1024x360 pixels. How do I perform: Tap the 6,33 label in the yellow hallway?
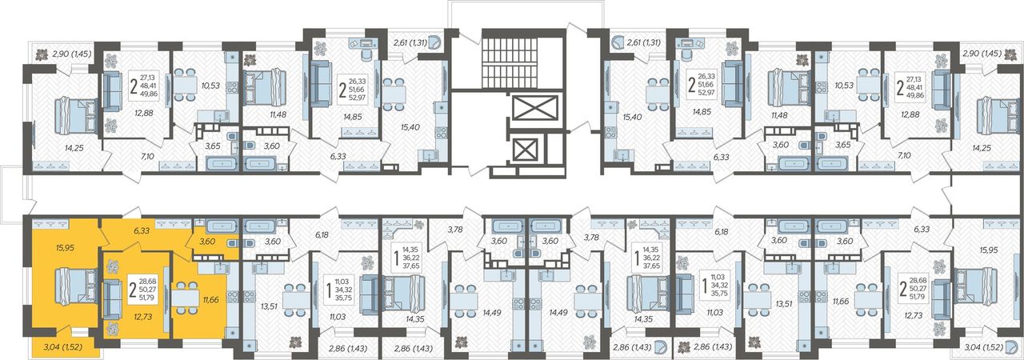(x=142, y=230)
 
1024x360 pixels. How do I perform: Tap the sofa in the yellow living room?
(x=110, y=299)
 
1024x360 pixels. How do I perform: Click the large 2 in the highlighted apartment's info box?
(x=133, y=289)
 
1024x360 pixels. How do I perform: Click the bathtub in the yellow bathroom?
(x=222, y=226)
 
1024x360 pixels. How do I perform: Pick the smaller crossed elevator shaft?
(x=526, y=150)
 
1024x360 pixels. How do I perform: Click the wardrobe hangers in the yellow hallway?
(x=172, y=223)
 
